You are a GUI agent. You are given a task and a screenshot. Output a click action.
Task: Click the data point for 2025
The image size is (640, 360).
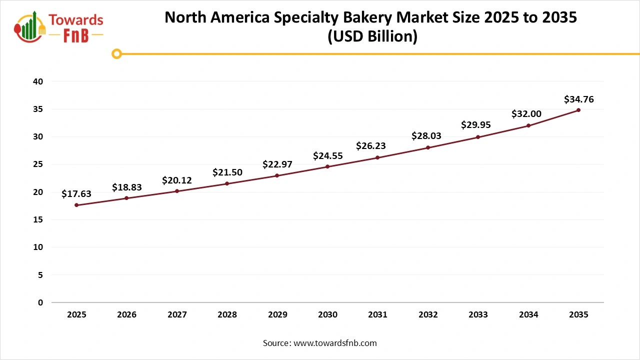pyautogui.click(x=76, y=205)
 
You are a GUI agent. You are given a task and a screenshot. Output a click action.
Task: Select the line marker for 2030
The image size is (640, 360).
pyautogui.click(x=327, y=166)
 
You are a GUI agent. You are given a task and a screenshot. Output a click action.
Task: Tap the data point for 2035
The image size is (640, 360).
pyautogui.click(x=578, y=110)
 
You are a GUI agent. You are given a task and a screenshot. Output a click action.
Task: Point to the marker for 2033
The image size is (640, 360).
pyautogui.click(x=478, y=137)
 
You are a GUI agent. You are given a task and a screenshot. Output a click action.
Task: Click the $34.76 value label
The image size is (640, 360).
pyautogui.click(x=578, y=99)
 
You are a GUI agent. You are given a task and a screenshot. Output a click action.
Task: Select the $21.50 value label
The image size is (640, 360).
pyautogui.click(x=227, y=172)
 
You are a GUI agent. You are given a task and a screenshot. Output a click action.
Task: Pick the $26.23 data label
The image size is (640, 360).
pyautogui.click(x=370, y=146)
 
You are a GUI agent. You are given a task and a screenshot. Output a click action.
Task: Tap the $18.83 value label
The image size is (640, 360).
pyautogui.click(x=127, y=187)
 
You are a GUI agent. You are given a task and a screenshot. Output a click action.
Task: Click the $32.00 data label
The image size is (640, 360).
pyautogui.click(x=526, y=114)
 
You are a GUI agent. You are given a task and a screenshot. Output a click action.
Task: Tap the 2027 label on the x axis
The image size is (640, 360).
pyautogui.click(x=177, y=315)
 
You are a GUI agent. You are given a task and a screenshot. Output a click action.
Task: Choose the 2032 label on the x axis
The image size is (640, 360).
pyautogui.click(x=428, y=315)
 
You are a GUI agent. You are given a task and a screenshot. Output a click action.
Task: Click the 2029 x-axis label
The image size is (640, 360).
pyautogui.click(x=277, y=315)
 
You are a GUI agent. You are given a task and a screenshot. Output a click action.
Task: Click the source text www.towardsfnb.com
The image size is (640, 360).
pyautogui.click(x=334, y=343)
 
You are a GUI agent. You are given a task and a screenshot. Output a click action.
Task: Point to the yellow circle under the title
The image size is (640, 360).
pyautogui.click(x=116, y=53)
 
